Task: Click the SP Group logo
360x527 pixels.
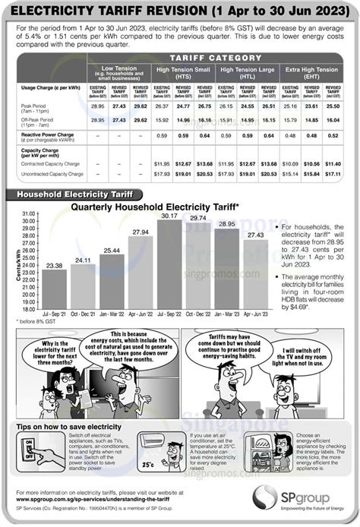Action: coord(305,505)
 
